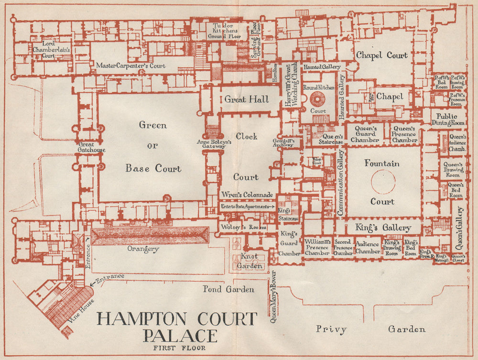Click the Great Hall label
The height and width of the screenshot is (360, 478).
coord(247,99)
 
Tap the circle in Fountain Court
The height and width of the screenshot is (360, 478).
coord(383,182)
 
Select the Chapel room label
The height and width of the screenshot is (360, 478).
coord(390,97)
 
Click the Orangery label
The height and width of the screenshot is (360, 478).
coord(143,249)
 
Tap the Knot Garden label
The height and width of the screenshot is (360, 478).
coord(250,261)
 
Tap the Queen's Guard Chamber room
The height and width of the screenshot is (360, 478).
coord(366,134)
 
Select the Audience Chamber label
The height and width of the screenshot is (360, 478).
coord(368,248)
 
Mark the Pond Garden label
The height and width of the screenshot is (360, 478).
coord(228,289)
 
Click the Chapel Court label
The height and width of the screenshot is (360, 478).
coord(382,55)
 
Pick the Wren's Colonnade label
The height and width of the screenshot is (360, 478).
coord(247,195)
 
